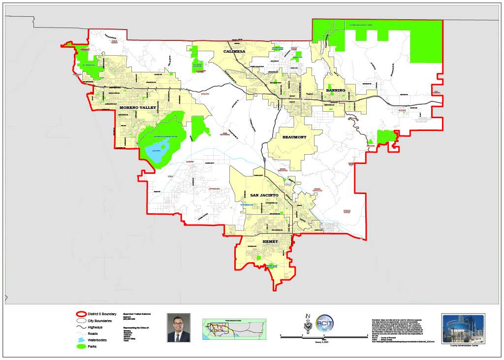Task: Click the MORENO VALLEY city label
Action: click(137, 107)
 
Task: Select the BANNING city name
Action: click(336, 90)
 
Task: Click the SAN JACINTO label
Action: click(264, 196)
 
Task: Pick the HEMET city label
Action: click(270, 242)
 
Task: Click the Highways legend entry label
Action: click(95, 327)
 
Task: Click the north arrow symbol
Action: click(308, 323)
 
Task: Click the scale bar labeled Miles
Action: click(324, 336)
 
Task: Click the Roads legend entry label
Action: click(94, 333)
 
